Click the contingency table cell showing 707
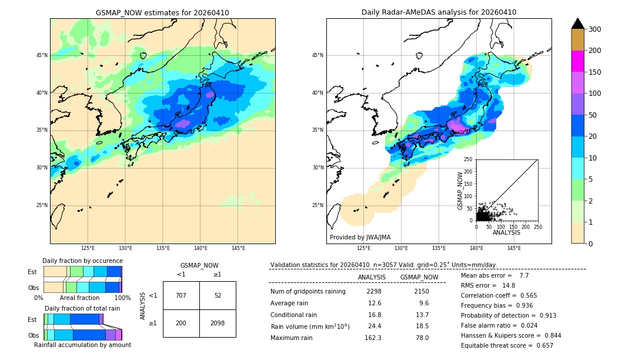[181, 295]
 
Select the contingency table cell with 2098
[218, 323]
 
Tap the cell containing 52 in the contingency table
[218, 295]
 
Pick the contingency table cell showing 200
[181, 323]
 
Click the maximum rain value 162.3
[373, 338]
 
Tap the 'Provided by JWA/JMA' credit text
[360, 238]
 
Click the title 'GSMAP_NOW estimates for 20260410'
[162, 12]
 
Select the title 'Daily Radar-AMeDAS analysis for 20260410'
[439, 12]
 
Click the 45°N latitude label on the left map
[42, 55]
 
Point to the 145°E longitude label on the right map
[514, 248]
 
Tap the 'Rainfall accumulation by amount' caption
[82, 345]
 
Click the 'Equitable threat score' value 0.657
[542, 345]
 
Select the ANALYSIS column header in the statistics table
[372, 277]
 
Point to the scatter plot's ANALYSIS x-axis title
[506, 232]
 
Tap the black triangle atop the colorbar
[578, 24]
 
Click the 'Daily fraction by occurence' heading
[82, 261]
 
